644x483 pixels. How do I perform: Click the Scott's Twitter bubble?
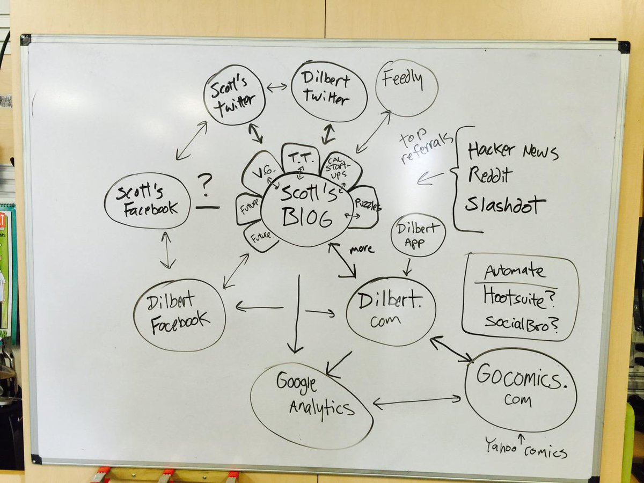[235, 95]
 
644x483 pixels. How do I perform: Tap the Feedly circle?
[406, 87]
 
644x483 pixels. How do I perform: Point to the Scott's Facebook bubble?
[147, 201]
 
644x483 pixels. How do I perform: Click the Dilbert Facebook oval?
[179, 316]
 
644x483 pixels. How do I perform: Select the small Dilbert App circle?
[418, 235]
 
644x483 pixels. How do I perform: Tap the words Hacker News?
[513, 151]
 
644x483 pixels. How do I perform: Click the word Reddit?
[490, 175]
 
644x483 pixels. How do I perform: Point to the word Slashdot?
[505, 204]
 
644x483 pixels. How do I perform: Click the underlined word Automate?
[515, 272]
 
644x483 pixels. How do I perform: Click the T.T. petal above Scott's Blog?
[300, 157]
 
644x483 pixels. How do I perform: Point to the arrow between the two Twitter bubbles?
[277, 87]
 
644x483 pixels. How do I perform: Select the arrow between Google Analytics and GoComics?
[417, 400]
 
